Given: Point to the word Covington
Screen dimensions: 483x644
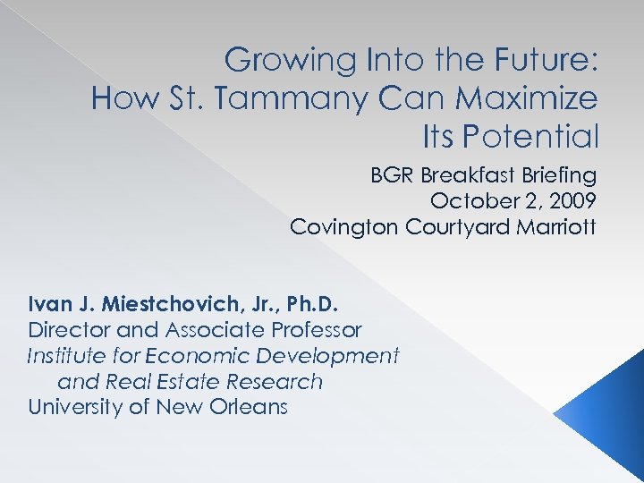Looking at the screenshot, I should click(x=344, y=226).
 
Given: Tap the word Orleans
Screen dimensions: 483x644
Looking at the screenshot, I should click(x=246, y=408).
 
